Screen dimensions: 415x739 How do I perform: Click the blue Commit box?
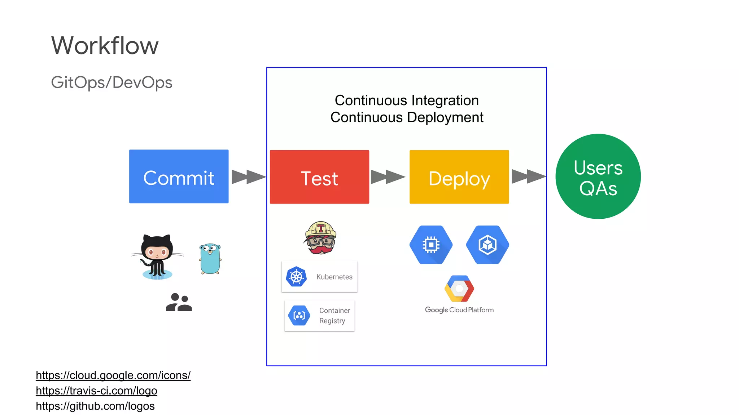179,177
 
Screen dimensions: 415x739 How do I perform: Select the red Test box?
319,177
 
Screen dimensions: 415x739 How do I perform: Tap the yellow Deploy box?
459,177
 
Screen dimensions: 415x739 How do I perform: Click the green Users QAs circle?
598,177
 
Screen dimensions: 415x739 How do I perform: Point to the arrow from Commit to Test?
249,177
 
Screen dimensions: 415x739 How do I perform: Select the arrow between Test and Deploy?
388,177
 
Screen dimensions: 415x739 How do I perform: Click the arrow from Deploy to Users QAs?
529,177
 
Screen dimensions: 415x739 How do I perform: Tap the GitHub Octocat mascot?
157,257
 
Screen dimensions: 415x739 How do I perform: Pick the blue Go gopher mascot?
210,259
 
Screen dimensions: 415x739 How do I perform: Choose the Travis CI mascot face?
320,238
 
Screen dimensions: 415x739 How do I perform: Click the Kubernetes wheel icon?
296,277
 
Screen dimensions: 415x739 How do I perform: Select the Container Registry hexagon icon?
299,316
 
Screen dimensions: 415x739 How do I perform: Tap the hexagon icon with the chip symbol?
431,245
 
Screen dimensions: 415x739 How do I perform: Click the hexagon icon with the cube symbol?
487,245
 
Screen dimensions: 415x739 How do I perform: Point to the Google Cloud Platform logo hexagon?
459,289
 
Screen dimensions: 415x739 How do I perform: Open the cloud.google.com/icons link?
113,375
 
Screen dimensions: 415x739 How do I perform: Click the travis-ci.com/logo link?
96,391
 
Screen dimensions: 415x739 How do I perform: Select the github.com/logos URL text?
95,406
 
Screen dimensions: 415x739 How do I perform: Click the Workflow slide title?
105,45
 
